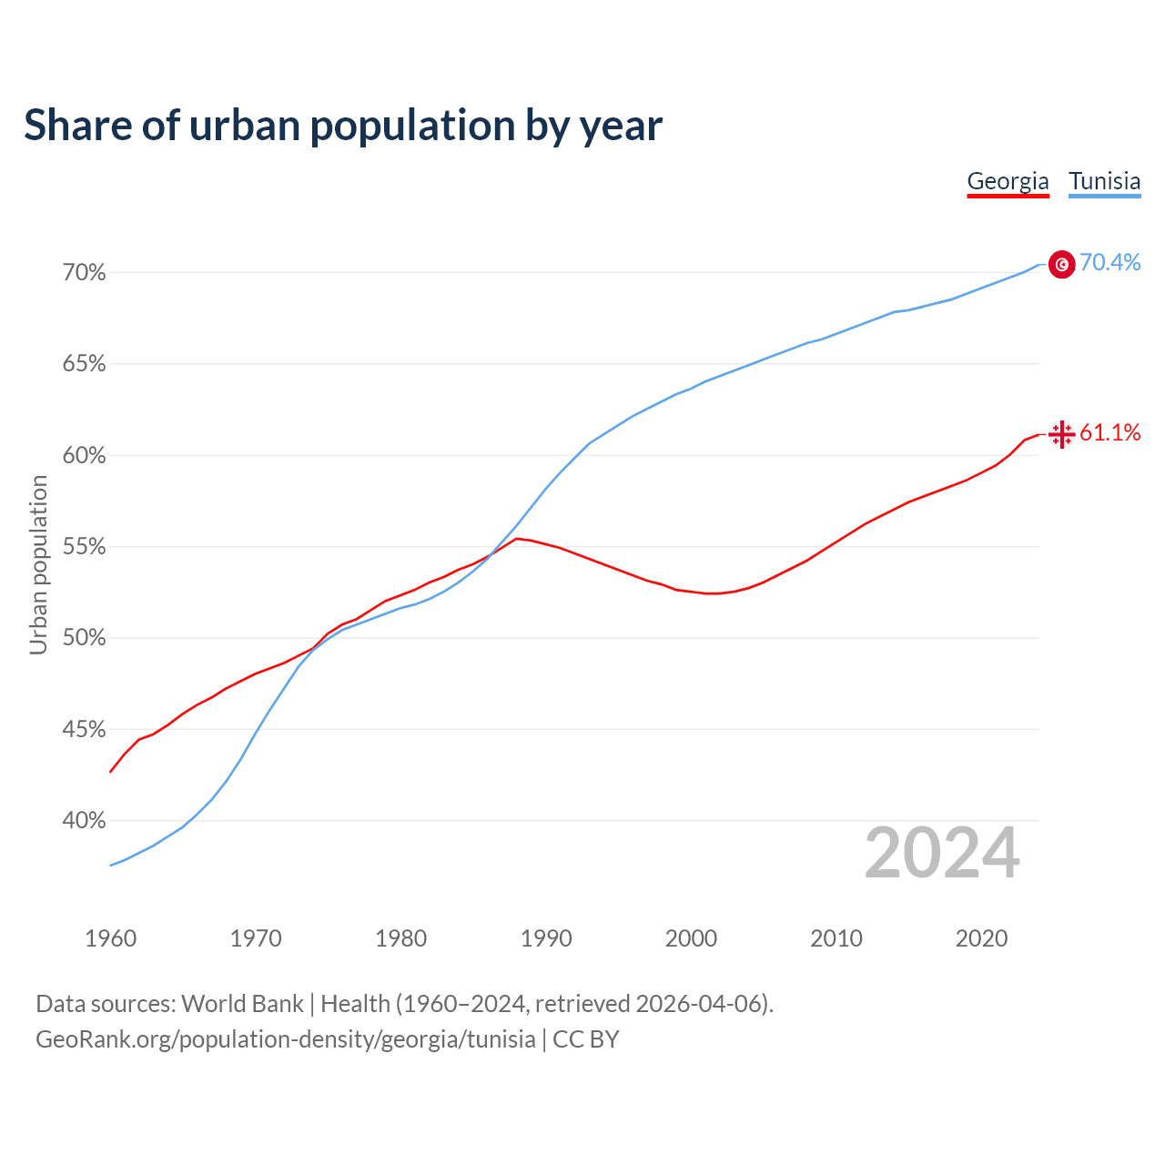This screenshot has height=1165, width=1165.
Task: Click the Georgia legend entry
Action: (1008, 181)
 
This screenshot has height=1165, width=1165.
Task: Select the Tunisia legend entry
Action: (1104, 181)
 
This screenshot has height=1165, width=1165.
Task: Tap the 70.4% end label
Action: (1109, 263)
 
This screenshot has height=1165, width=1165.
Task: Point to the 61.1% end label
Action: (1109, 433)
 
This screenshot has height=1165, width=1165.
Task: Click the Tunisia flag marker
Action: (1061, 264)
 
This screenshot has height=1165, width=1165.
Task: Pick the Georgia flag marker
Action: (1061, 434)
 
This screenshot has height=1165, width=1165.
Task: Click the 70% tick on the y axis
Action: (85, 273)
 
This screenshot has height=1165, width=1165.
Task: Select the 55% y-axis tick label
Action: (85, 547)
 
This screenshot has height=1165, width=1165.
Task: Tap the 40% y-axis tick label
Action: (85, 821)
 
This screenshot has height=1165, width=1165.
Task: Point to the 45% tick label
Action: (85, 730)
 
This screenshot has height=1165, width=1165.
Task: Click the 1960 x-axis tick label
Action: (110, 938)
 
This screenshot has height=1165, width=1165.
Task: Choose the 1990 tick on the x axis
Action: (546, 938)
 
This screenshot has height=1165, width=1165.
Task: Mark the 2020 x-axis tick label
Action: (981, 938)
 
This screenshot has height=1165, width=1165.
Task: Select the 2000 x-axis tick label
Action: (691, 938)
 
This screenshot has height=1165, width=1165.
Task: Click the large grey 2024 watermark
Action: (942, 853)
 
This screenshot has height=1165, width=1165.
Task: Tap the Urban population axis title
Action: (38, 565)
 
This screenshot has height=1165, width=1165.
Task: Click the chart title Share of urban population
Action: (342, 126)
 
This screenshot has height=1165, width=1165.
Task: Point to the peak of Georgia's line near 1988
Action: (517, 539)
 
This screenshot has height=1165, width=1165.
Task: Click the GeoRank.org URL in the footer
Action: (286, 1039)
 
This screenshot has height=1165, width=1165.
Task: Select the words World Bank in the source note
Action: (242, 1004)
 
